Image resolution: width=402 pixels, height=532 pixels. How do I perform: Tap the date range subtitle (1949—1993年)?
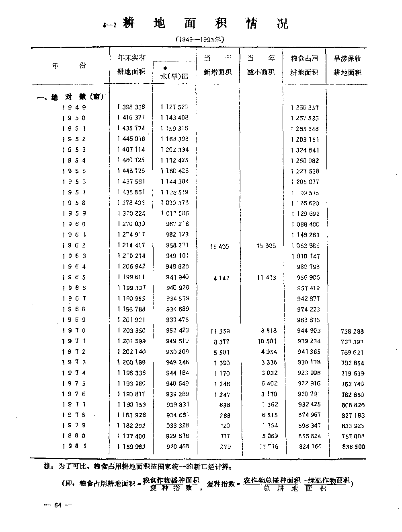(x=199, y=39)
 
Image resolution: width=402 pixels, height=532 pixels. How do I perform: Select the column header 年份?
(x=69, y=66)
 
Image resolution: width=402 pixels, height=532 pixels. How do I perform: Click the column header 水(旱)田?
(x=174, y=75)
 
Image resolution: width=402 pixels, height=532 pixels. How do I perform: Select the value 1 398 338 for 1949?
(x=131, y=107)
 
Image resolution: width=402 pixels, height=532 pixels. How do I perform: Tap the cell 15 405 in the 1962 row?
(x=219, y=246)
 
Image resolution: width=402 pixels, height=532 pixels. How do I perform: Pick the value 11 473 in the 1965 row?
(x=266, y=278)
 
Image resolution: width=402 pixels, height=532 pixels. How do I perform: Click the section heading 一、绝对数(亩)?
(x=70, y=97)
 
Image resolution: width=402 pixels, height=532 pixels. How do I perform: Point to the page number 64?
(x=58, y=505)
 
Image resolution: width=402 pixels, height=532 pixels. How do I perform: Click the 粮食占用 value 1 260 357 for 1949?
(x=304, y=107)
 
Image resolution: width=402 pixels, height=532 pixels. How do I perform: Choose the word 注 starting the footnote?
(x=47, y=467)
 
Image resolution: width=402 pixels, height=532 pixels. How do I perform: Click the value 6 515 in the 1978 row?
(x=269, y=415)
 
